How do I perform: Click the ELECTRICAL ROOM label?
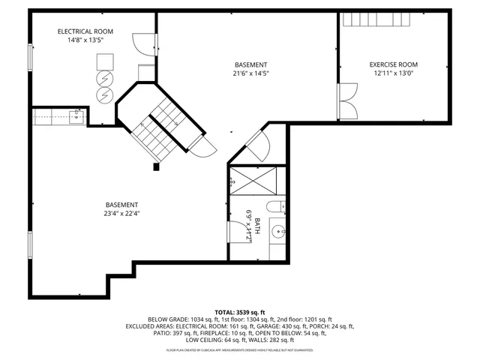[85, 31]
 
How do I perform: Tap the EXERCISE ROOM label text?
[393, 65]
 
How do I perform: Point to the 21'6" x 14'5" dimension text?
[250, 73]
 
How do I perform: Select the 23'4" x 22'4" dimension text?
[121, 213]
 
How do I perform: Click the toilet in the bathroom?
[274, 206]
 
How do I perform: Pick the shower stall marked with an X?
[248, 180]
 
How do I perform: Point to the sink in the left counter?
[76, 115]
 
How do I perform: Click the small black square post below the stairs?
[156, 167]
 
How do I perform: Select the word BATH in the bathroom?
[257, 225]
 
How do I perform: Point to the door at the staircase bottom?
[200, 148]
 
